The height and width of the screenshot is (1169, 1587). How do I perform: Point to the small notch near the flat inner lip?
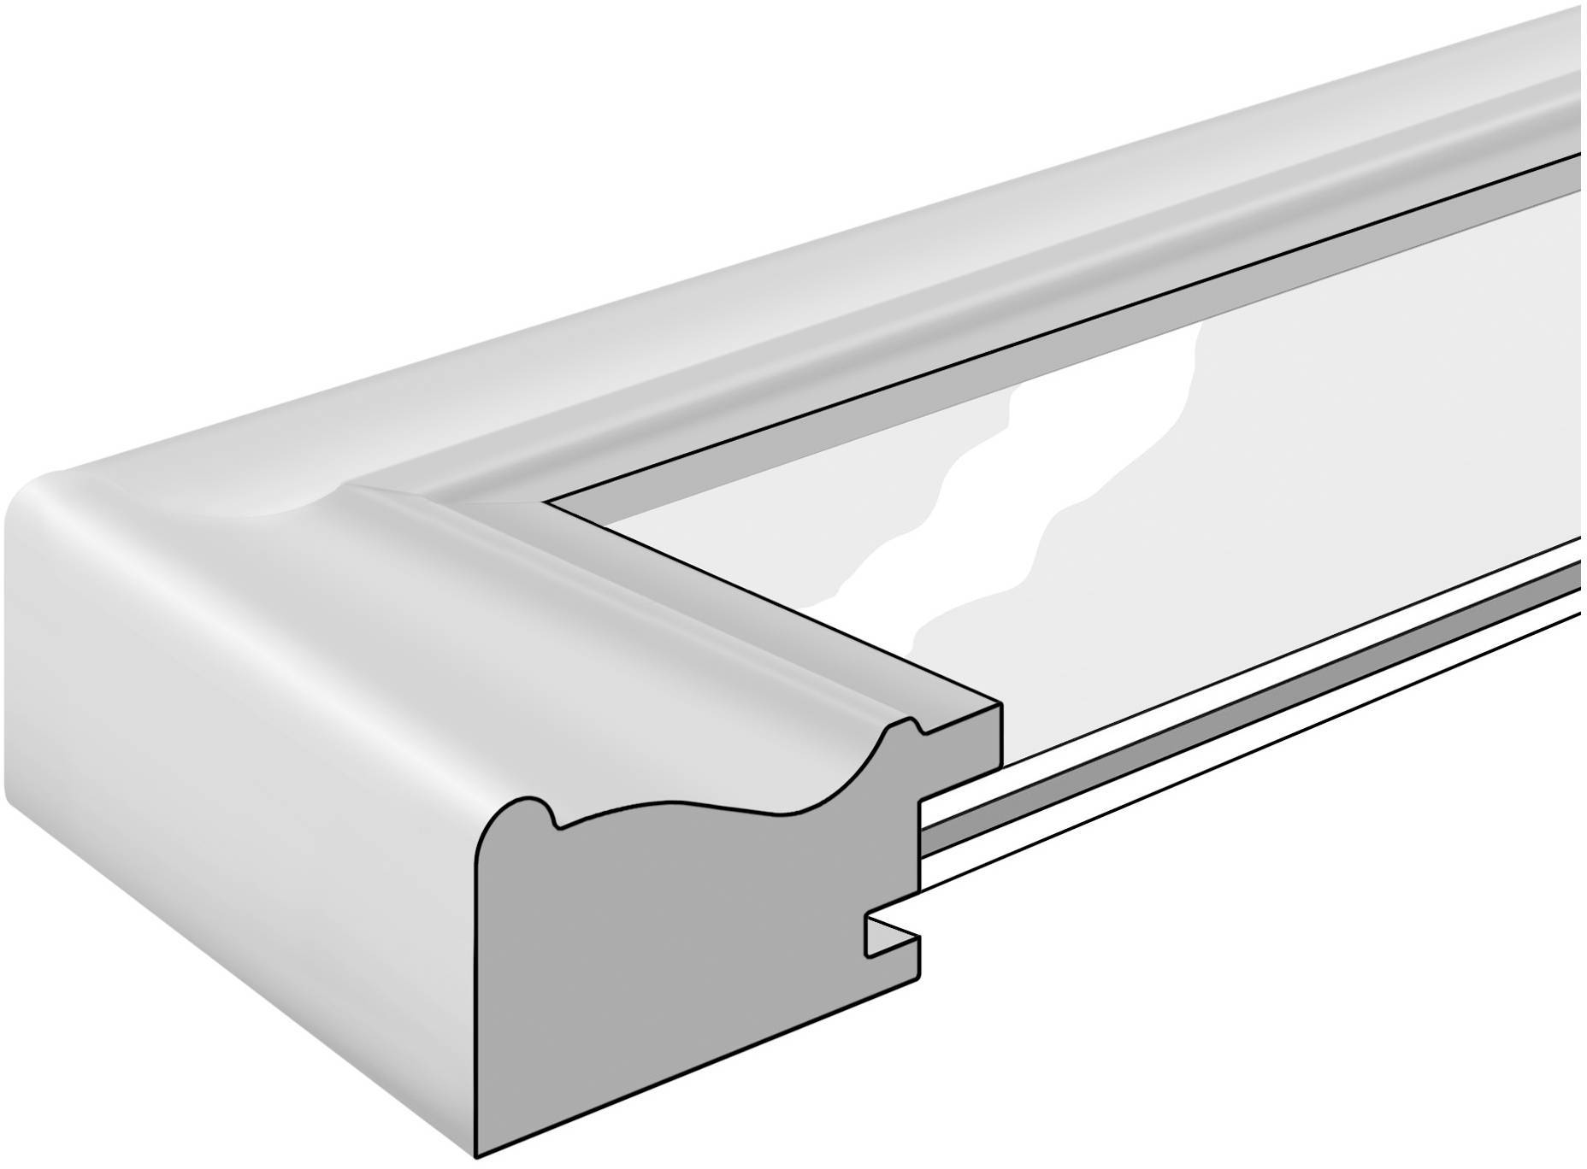click(920, 728)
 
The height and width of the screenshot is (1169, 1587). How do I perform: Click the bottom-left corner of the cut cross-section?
click(476, 1157)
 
